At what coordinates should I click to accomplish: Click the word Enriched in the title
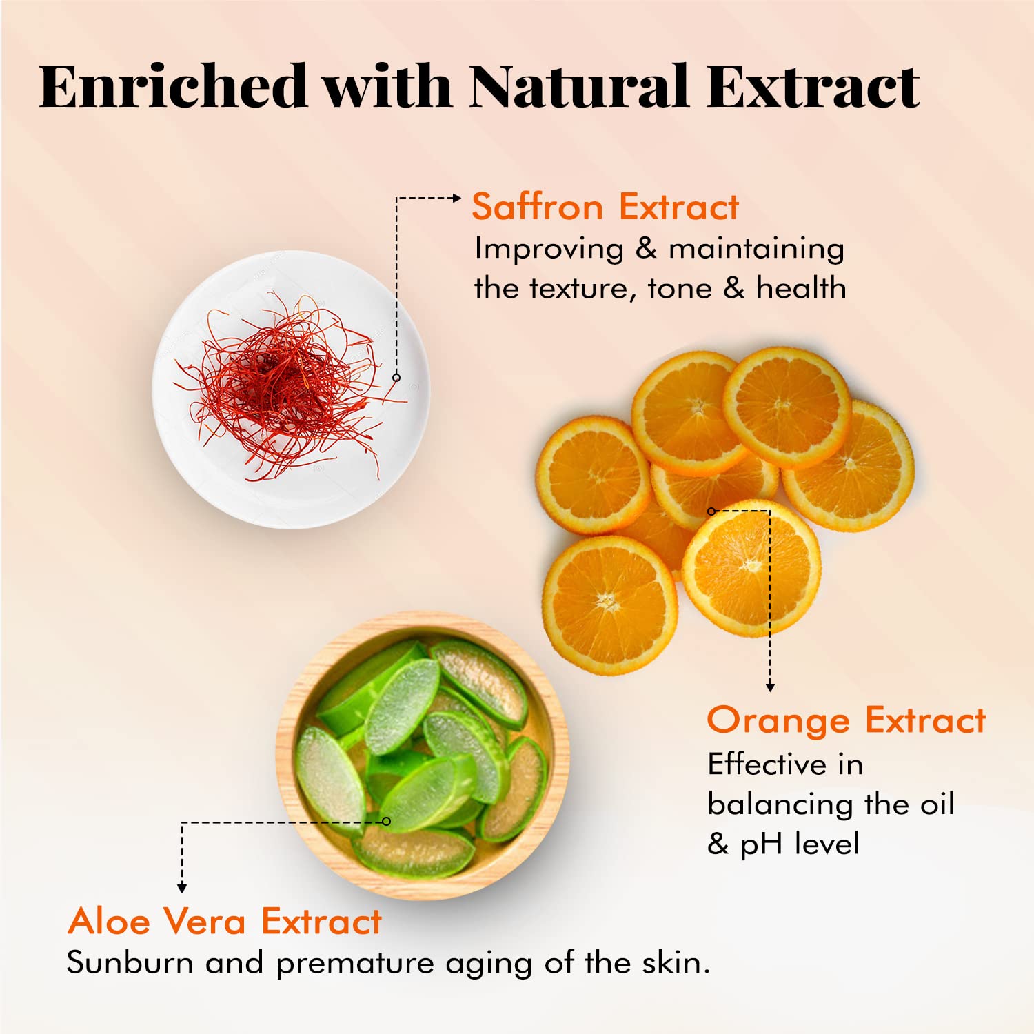point(173,86)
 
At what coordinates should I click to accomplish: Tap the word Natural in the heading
point(580,86)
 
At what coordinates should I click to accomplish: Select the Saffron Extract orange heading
point(605,207)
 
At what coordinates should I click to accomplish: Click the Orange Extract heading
point(847,720)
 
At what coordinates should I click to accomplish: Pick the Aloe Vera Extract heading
point(225,921)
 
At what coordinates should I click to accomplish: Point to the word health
point(801,287)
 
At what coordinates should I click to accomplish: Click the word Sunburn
point(130,962)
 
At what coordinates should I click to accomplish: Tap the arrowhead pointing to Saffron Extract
point(456,198)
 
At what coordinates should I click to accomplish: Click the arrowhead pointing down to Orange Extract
point(770,687)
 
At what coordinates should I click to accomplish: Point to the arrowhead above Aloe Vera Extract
point(182,889)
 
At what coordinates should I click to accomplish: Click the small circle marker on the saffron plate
point(396,377)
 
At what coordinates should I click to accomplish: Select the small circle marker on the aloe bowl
point(386,821)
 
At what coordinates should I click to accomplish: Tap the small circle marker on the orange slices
point(711,511)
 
